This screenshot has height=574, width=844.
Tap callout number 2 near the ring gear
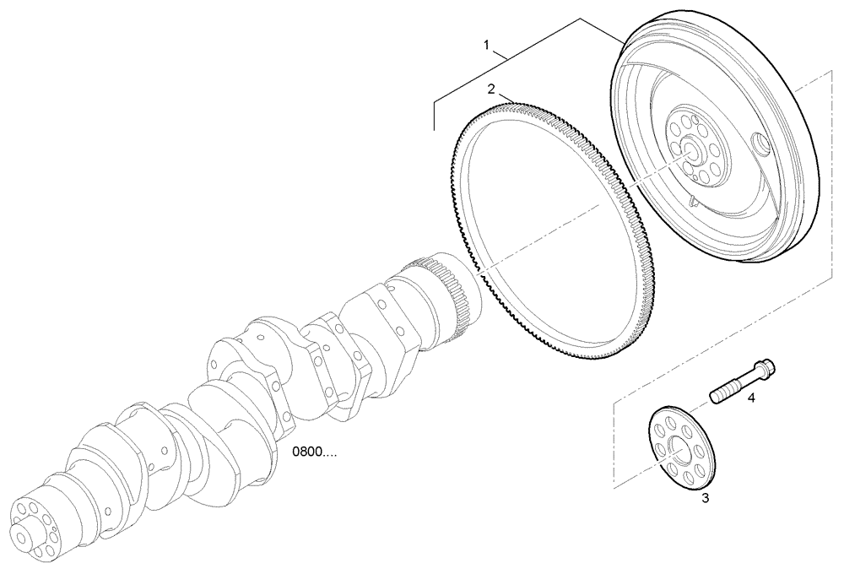click(491, 88)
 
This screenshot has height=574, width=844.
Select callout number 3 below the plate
click(706, 499)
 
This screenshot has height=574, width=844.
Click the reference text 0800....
click(314, 452)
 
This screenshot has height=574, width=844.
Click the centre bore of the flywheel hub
click(692, 153)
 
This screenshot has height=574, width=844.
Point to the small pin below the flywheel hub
click(692, 201)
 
